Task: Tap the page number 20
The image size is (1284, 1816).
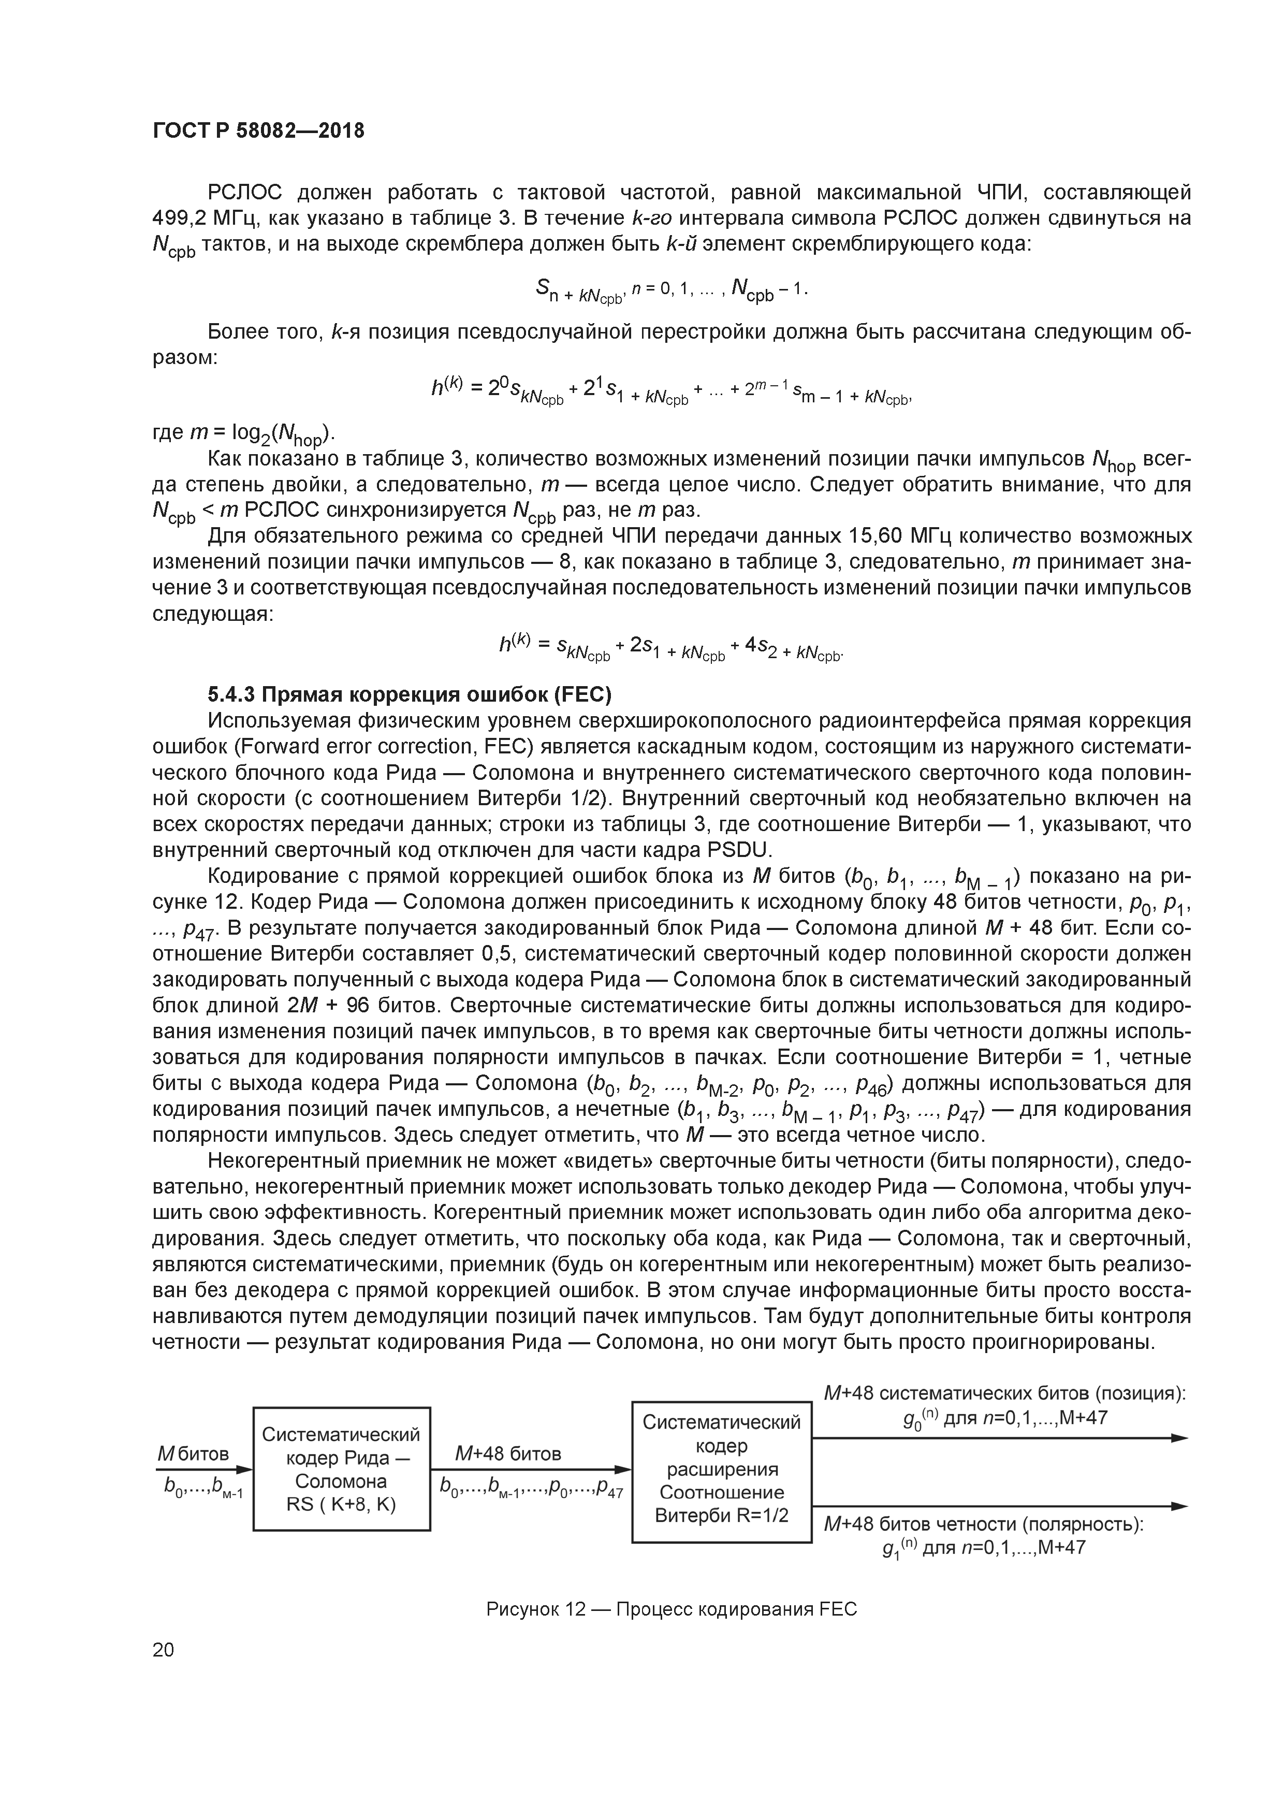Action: (163, 1650)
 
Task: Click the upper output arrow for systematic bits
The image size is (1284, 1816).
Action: (1000, 1438)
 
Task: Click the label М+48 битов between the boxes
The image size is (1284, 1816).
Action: (508, 1453)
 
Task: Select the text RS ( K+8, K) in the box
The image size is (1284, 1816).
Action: (342, 1503)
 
